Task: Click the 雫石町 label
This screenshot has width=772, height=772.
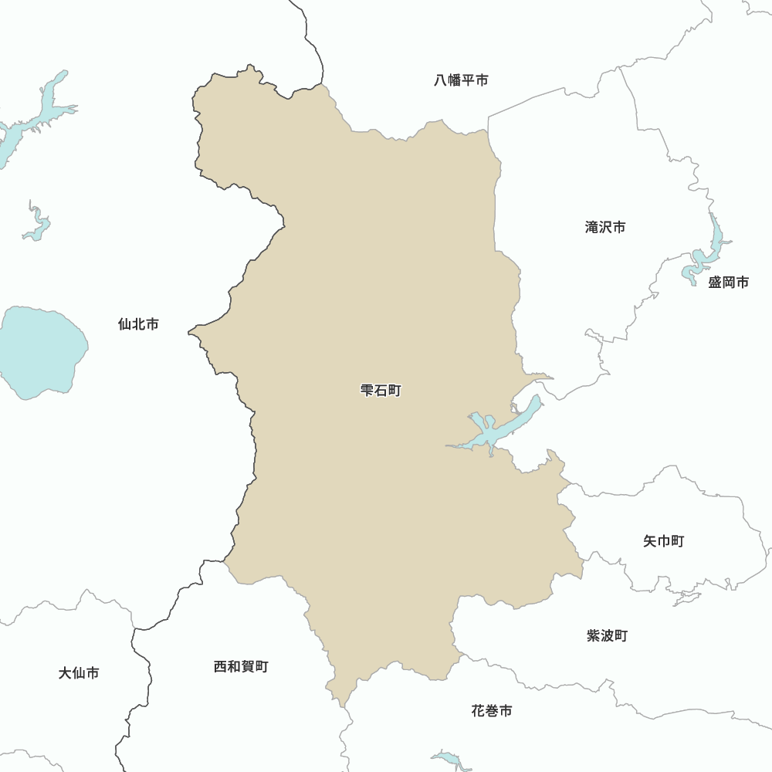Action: pyautogui.click(x=381, y=391)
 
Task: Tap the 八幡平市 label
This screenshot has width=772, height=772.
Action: pyautogui.click(x=461, y=80)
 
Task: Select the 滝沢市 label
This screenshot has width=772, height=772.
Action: pyautogui.click(x=605, y=228)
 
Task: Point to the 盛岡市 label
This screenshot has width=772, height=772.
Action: pyautogui.click(x=729, y=283)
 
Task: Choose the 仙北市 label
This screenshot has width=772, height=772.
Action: pyautogui.click(x=138, y=324)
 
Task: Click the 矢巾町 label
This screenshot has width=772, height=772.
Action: pyautogui.click(x=663, y=541)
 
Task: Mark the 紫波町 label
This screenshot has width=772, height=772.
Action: pyautogui.click(x=607, y=636)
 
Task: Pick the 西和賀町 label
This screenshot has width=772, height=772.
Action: pyautogui.click(x=241, y=666)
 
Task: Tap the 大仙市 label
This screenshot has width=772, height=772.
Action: pyautogui.click(x=79, y=673)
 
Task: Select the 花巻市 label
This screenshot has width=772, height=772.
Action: pyautogui.click(x=491, y=711)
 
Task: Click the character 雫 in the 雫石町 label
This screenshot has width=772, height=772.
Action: pyautogui.click(x=367, y=391)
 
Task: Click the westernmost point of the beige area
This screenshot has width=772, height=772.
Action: pyautogui.click(x=189, y=333)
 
